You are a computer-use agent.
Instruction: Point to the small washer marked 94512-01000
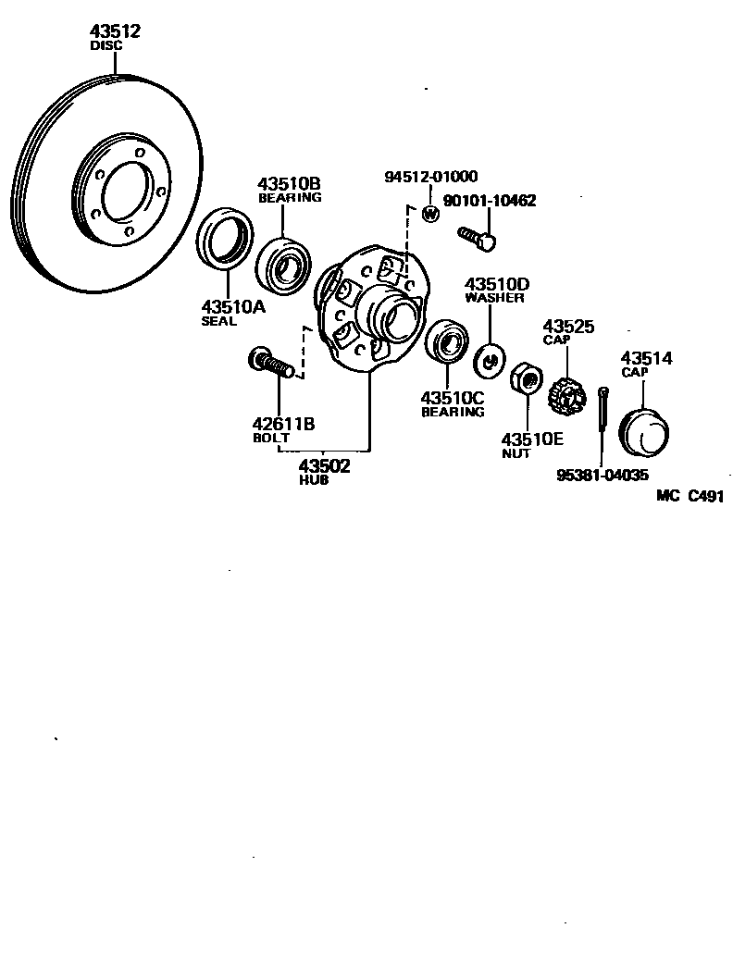click(429, 215)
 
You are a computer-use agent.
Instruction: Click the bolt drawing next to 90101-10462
click(478, 238)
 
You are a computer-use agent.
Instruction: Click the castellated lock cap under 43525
click(567, 398)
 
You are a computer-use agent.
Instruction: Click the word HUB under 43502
click(312, 481)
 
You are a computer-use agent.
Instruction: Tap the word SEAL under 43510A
click(219, 322)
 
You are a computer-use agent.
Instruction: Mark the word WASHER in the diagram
click(494, 298)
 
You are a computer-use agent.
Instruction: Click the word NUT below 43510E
click(516, 453)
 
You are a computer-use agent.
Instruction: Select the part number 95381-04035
click(603, 476)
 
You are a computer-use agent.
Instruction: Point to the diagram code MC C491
click(690, 496)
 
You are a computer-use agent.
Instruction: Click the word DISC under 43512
click(106, 44)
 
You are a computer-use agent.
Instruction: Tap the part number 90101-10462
click(490, 200)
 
